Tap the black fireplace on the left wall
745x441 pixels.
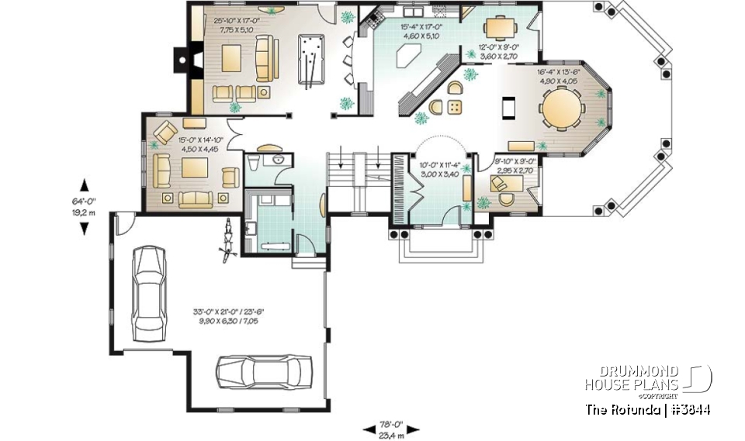click(x=179, y=60)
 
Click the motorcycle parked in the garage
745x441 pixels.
click(x=228, y=238)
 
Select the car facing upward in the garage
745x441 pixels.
click(x=147, y=292)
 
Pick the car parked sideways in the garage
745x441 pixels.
click(x=264, y=371)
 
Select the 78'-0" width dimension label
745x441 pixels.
click(x=391, y=429)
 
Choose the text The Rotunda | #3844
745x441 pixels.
click(x=649, y=409)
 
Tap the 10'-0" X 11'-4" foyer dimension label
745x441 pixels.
click(x=439, y=169)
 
